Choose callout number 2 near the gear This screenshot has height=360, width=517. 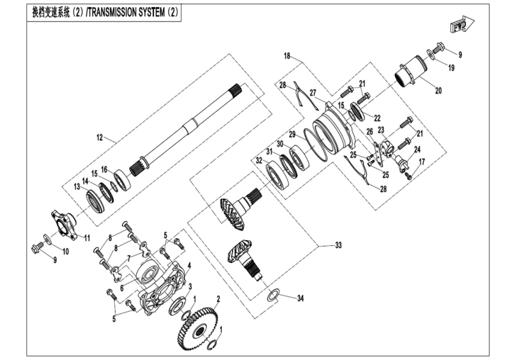(218, 298)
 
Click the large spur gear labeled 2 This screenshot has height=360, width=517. (198, 329)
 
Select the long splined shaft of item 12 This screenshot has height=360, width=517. (186, 125)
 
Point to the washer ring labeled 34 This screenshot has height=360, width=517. (272, 295)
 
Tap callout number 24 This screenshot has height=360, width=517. (417, 149)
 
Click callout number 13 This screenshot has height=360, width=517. (77, 187)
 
